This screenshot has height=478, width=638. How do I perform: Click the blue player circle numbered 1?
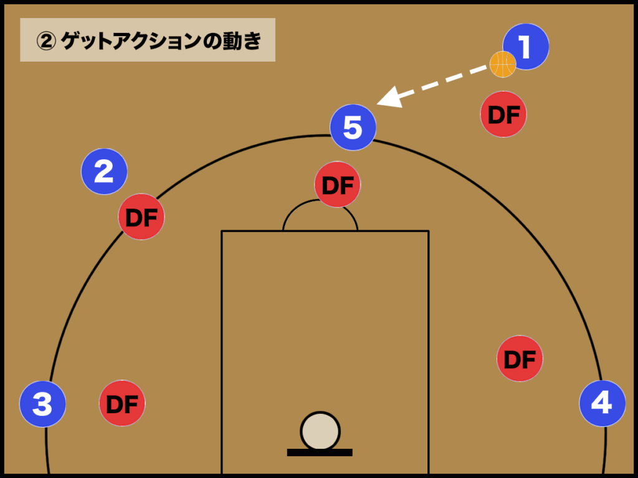[526, 47]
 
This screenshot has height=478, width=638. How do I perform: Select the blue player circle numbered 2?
[104, 172]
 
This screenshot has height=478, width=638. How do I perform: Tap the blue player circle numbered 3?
[43, 404]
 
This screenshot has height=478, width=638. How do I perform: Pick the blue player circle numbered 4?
[602, 403]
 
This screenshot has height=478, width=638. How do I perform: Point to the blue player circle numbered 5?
[353, 127]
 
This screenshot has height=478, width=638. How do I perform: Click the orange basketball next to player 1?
[503, 64]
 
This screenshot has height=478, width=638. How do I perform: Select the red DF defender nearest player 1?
[503, 115]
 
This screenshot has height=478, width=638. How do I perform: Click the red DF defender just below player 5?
[337, 184]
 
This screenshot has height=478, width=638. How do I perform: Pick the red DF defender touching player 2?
[141, 217]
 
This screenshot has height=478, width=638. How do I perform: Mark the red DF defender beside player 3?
[122, 403]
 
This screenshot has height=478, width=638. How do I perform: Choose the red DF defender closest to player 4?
[520, 358]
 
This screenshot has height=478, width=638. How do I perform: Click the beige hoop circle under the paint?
[320, 431]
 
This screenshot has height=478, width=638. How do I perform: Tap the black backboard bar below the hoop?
[320, 452]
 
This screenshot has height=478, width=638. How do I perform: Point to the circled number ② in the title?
[46, 41]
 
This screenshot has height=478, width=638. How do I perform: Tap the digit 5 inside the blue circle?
[353, 127]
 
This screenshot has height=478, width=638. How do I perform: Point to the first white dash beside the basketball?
[478, 70]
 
